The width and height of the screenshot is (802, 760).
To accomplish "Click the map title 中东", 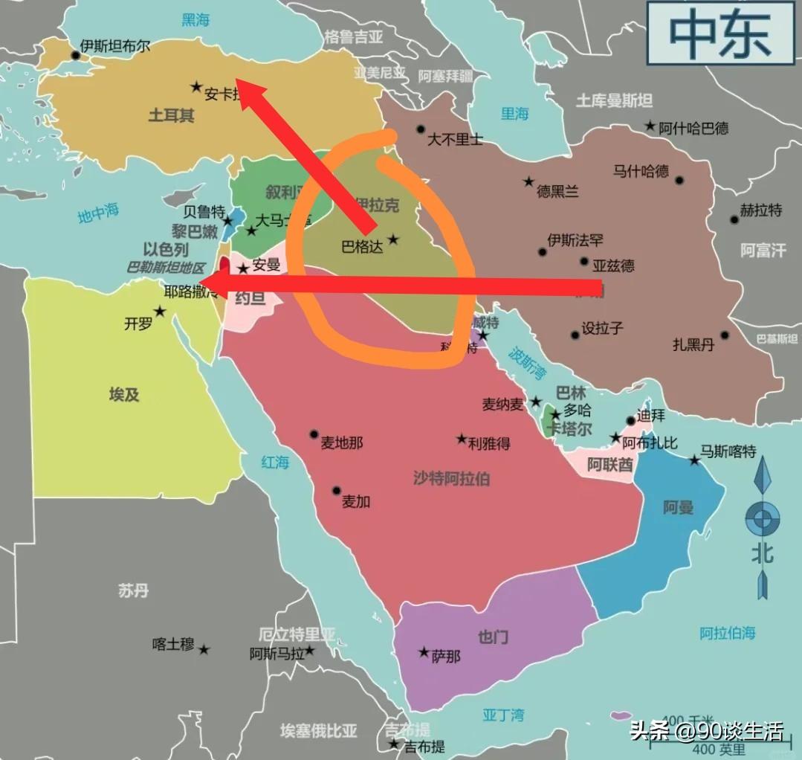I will pos(719,33).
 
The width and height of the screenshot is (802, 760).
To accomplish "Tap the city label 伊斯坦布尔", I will pos(115,46).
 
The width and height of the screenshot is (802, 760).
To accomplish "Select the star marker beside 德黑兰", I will pos(528,181).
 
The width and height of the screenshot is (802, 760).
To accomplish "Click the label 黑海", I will pos(196,19).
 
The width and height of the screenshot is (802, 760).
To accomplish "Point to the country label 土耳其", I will pos(171,115).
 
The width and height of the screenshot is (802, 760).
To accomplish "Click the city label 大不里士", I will pos(455,138).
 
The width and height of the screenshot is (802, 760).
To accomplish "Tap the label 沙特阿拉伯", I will pos(451,478).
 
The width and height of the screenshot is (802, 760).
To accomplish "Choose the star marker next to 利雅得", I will pos(462,439).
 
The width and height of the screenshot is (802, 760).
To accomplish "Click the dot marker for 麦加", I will pos(337,491).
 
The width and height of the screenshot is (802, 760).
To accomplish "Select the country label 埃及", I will pos(124,394).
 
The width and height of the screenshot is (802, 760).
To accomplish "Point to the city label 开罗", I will pos(138,323).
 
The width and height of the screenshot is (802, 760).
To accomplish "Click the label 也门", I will pos(493,637).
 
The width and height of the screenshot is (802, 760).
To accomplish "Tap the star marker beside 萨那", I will pos(424,652).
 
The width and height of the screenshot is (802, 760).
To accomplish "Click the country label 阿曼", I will pos(678,507).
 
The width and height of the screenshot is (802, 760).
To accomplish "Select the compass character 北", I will pos(762,553).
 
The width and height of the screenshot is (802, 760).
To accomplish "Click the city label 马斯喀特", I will pos(728,451).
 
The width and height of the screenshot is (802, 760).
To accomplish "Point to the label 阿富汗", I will pos(763,251).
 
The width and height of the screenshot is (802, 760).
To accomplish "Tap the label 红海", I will pos(275,462).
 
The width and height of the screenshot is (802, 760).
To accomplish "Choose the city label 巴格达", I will pos(362,247).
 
